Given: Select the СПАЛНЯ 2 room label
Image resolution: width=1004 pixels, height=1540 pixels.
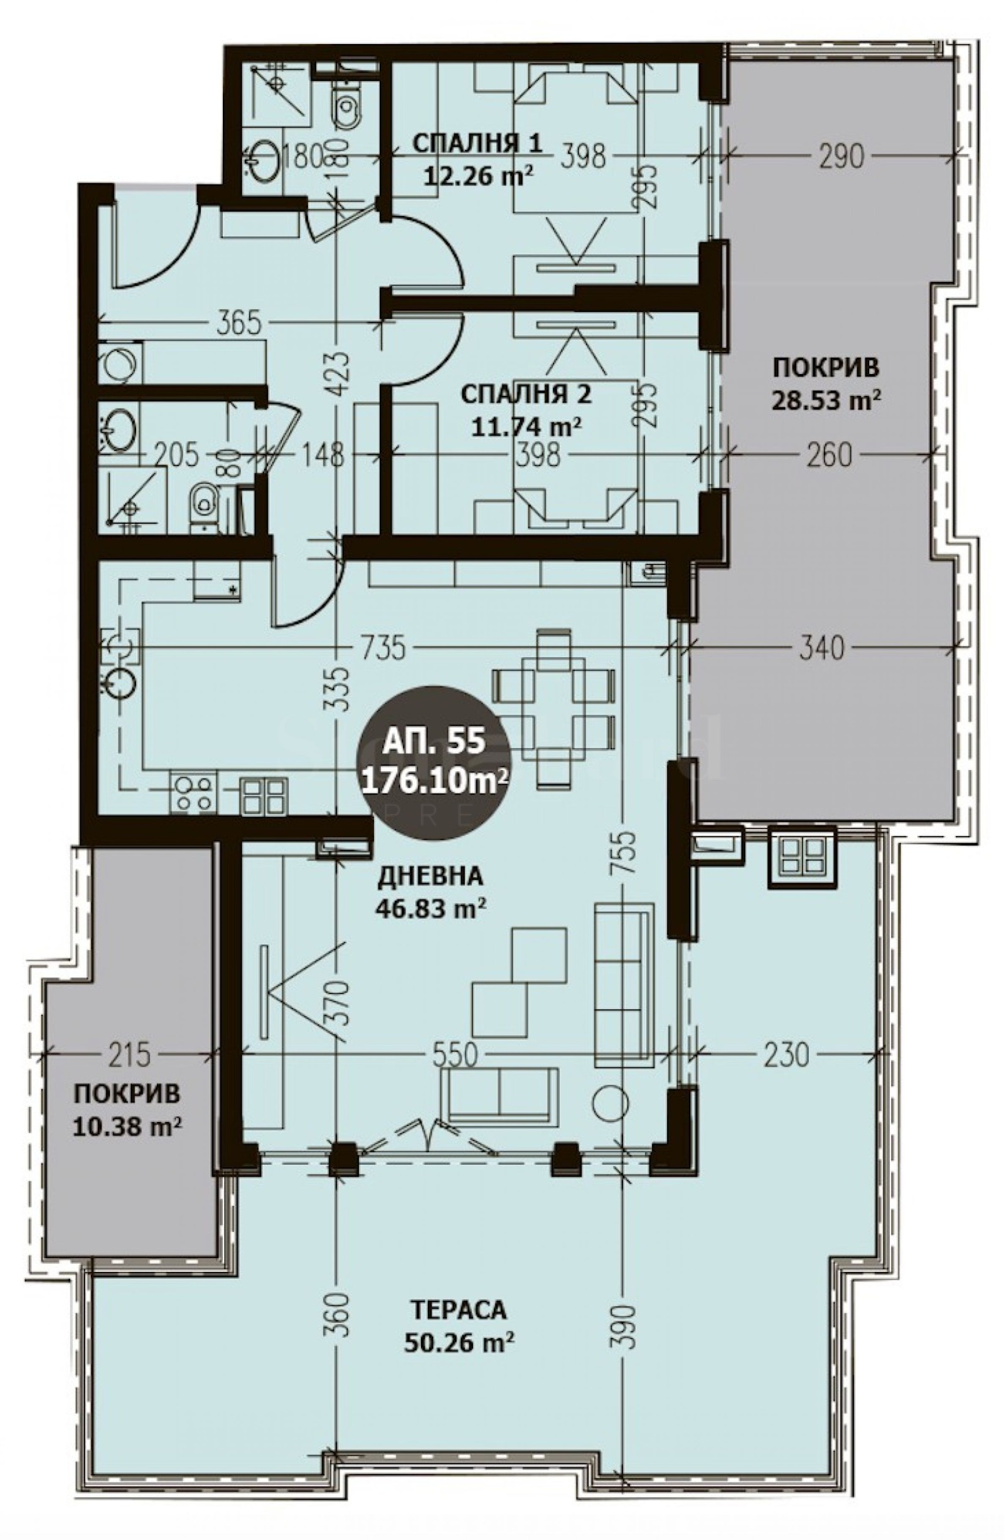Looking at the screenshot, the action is [526, 394].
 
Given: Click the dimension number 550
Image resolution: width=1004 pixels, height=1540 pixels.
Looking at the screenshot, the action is [454, 1056].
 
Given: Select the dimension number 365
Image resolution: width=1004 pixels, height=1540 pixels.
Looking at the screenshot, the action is [237, 321].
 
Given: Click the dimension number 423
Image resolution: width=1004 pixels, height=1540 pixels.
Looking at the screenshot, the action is [341, 374].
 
